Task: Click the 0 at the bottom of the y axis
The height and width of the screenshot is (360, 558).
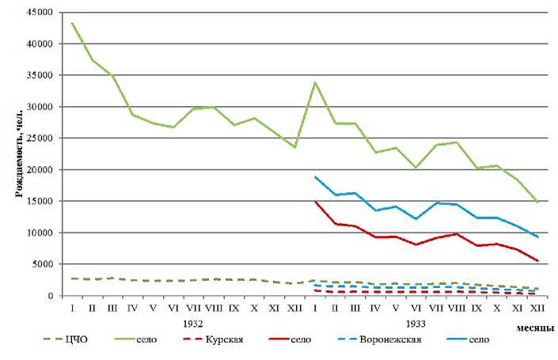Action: (x=57, y=296)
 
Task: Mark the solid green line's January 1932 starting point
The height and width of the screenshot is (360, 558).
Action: (x=73, y=23)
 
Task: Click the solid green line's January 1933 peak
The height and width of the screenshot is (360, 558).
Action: (x=316, y=82)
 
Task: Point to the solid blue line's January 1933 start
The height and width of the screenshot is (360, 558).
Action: (x=316, y=176)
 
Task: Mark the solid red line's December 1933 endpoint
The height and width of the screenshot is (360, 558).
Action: (x=537, y=261)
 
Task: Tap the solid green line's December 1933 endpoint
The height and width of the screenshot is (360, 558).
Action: (x=537, y=203)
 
